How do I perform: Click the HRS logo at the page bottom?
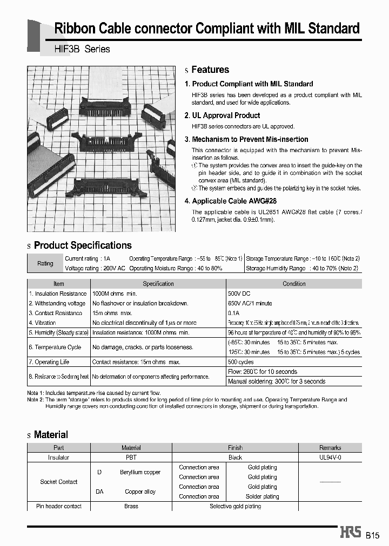350,533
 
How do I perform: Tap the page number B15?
373,536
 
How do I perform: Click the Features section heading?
210,70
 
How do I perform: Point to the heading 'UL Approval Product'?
226,115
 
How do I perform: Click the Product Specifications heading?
83,245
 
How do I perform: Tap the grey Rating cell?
45,263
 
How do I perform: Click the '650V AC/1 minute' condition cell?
250,303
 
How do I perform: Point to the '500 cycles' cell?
240,362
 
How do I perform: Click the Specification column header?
158,284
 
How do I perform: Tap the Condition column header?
294,284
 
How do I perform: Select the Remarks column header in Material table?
330,448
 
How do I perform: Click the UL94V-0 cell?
330,458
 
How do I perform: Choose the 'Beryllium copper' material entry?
140,472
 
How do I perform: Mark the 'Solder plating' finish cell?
262,496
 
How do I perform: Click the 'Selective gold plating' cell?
235,506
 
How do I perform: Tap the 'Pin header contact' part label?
59,506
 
